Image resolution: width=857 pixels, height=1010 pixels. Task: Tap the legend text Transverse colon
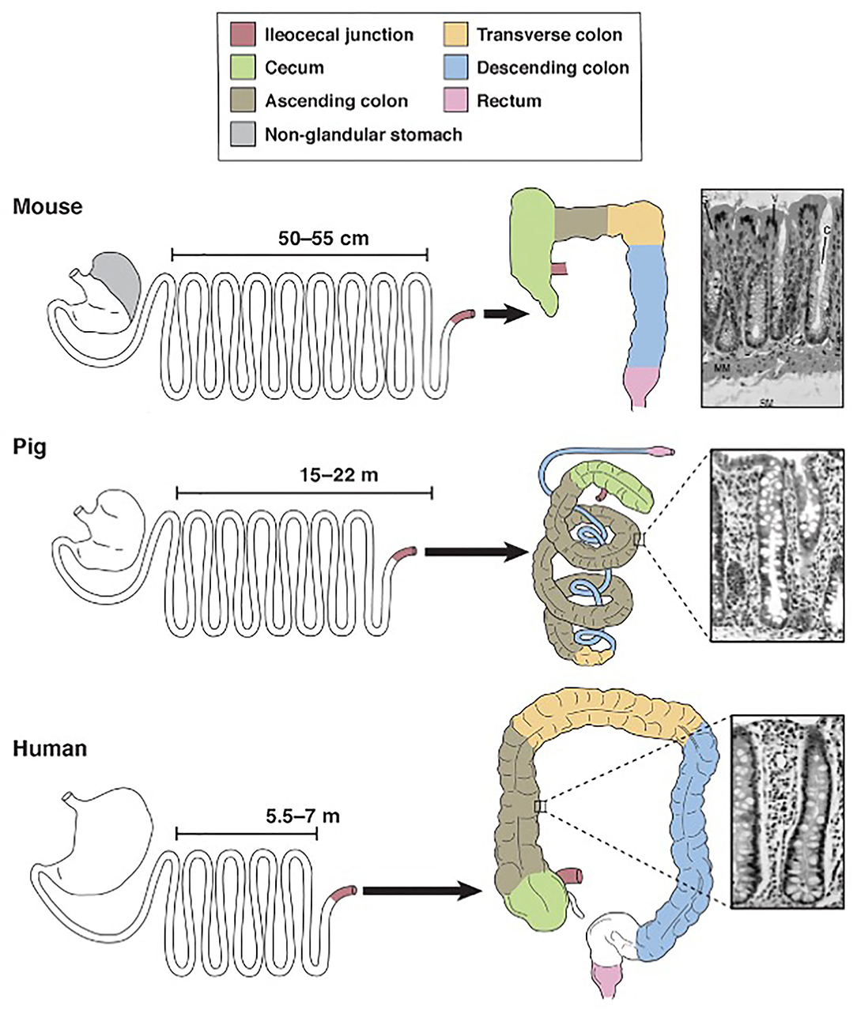(549, 35)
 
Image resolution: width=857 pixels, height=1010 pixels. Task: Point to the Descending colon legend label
(553, 68)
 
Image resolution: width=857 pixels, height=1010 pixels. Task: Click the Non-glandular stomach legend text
(364, 134)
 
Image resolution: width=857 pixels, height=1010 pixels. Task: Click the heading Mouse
(47, 207)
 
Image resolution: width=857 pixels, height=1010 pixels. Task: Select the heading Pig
(30, 447)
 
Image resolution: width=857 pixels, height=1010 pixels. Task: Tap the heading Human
(50, 748)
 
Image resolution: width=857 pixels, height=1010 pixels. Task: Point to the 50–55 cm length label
(323, 237)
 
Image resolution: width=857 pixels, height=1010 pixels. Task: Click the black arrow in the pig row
(475, 552)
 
